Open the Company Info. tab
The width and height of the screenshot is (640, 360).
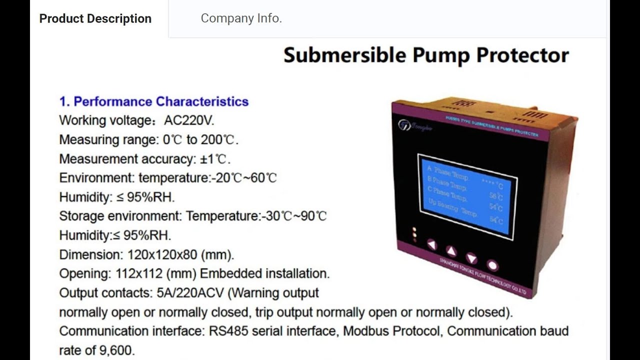pyautogui.click(x=241, y=18)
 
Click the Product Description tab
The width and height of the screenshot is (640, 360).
pyautogui.click(x=95, y=18)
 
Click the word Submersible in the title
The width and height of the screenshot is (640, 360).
pyautogui.click(x=344, y=55)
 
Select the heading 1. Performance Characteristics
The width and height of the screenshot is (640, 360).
pyautogui.click(x=154, y=101)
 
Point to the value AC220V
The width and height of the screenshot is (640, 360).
pyautogui.click(x=189, y=120)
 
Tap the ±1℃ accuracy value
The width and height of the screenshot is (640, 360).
pyautogui.click(x=214, y=159)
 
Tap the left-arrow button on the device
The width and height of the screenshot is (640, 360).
pyautogui.click(x=431, y=244)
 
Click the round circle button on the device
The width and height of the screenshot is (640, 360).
pyautogui.click(x=492, y=265)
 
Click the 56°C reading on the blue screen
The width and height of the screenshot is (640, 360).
pyautogui.click(x=496, y=195)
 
